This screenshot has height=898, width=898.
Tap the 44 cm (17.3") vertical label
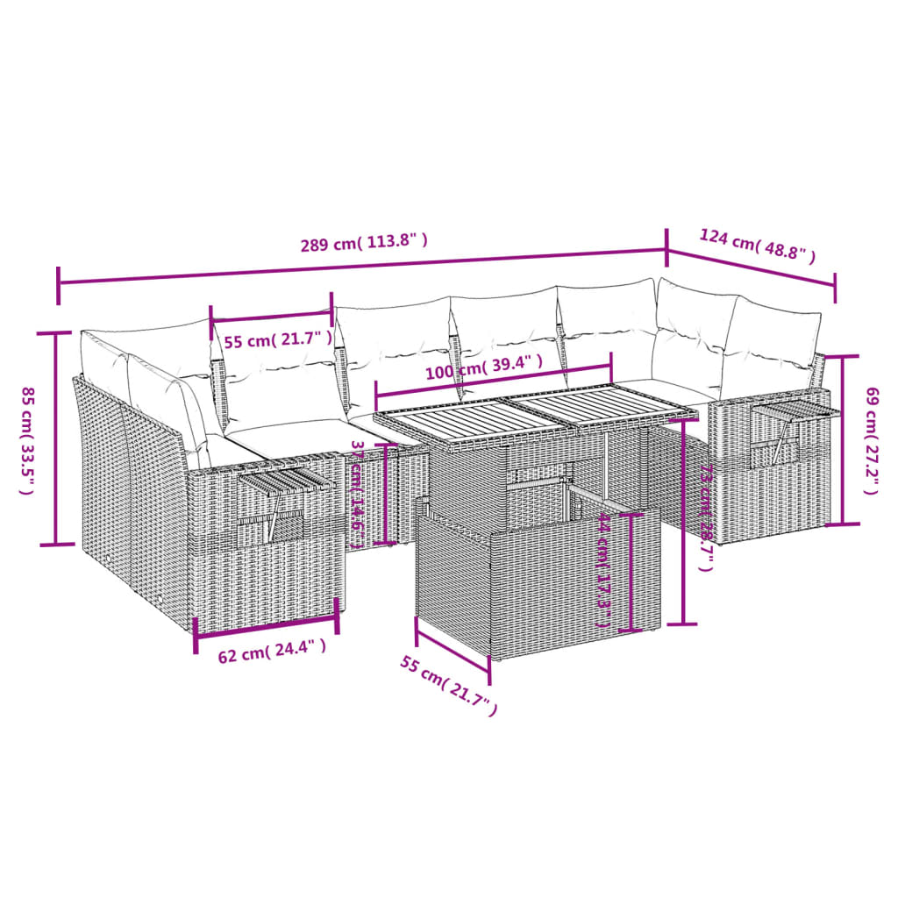(x=603, y=571)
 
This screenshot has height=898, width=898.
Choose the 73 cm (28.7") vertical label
(x=705, y=517)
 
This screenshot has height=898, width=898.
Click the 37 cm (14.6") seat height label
(x=358, y=494)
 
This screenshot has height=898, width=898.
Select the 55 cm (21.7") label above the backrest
(x=278, y=339)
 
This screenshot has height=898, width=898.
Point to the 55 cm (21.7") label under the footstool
(x=449, y=687)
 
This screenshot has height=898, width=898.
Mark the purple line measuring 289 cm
(x=361, y=266)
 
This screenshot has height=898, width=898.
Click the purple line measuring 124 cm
(x=751, y=267)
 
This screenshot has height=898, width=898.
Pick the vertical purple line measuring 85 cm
(x=57, y=438)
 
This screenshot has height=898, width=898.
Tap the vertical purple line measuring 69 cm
(x=843, y=440)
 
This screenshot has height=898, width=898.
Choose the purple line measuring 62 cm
(x=266, y=626)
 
